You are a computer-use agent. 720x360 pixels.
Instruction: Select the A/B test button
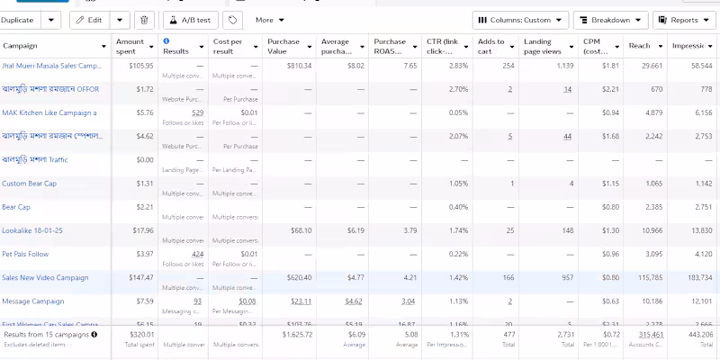pyautogui.click(x=190, y=19)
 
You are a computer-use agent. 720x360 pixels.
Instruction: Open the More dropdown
pyautogui.click(x=269, y=19)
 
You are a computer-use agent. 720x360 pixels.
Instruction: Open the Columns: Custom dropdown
pyautogui.click(x=520, y=19)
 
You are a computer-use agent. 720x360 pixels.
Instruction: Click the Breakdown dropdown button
pyautogui.click(x=609, y=19)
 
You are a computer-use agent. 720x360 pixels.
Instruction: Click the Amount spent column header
pyautogui.click(x=130, y=46)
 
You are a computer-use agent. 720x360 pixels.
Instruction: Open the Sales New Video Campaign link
pyautogui.click(x=45, y=278)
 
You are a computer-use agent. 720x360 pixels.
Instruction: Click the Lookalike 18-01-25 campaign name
pyautogui.click(x=32, y=230)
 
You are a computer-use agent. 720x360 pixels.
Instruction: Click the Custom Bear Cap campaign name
pyautogui.click(x=29, y=184)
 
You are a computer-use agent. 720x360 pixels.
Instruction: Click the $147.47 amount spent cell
pyautogui.click(x=139, y=278)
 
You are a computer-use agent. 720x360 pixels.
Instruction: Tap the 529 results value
pyautogui.click(x=197, y=112)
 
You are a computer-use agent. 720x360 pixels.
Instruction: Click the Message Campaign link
pyautogui.click(x=33, y=301)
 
